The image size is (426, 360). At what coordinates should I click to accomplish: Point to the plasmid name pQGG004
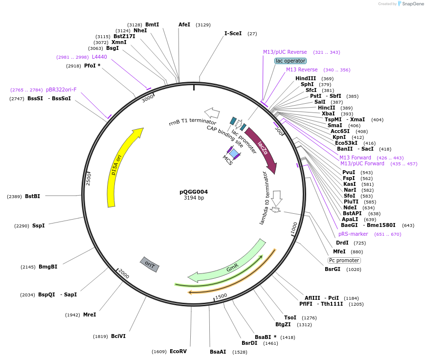click(x=194, y=192)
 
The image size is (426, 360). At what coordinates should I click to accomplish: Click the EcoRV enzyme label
click(x=178, y=351)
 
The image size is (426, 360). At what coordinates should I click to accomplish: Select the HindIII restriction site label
click(x=306, y=78)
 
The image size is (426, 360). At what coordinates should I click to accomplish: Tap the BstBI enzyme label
click(x=32, y=196)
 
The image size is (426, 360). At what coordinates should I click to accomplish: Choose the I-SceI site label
click(x=233, y=33)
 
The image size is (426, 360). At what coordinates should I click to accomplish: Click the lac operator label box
click(x=291, y=61)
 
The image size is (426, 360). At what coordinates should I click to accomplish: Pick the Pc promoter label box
click(x=344, y=260)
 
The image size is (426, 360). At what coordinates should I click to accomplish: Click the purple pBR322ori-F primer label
click(x=61, y=90)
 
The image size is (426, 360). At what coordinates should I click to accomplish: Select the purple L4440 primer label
click(x=99, y=57)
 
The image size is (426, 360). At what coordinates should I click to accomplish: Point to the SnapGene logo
click(x=410, y=3)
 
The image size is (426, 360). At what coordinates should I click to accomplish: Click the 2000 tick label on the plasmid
click(x=124, y=275)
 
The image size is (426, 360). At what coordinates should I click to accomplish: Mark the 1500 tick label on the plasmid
click(x=221, y=296)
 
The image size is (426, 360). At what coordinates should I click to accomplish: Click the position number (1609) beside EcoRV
click(x=159, y=352)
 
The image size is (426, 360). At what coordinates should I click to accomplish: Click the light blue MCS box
click(x=234, y=154)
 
